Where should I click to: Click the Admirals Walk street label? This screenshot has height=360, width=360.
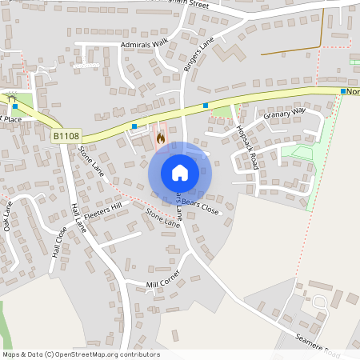[146, 44]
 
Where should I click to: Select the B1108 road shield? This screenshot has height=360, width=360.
[67, 137]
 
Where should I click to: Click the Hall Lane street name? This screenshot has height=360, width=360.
[78, 217]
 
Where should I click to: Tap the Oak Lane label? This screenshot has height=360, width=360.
[7, 217]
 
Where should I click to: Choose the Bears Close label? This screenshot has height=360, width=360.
[200, 206]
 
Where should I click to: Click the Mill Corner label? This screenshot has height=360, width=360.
[163, 282]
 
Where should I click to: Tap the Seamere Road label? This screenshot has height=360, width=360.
[318, 345]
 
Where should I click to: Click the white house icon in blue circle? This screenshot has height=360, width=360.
[180, 173]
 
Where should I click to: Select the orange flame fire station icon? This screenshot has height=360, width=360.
[161, 138]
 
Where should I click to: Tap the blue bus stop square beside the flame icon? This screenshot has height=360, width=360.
[134, 126]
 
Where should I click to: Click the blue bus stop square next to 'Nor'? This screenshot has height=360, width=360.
[343, 92]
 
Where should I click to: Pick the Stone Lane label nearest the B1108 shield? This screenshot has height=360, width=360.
[91, 161]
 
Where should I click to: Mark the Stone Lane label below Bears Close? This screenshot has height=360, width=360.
[163, 218]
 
